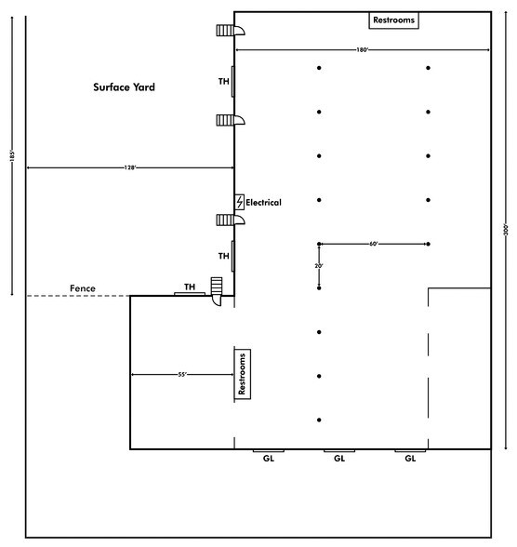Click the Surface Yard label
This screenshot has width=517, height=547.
tap(124, 87)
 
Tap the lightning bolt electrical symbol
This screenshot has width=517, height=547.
tap(240, 203)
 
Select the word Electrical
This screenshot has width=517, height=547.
tap(263, 203)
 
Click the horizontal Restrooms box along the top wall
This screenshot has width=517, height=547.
tap(394, 20)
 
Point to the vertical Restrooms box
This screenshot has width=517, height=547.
tap(243, 374)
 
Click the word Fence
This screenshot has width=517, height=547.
tap(83, 288)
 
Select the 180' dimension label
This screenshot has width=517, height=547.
tap(363, 50)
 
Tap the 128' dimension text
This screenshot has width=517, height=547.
tap(129, 167)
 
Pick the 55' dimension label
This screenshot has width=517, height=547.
tap(182, 375)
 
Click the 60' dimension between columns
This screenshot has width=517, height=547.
tap(374, 244)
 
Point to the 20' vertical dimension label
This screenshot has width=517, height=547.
tap(319, 266)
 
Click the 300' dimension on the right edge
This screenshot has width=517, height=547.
tap(506, 230)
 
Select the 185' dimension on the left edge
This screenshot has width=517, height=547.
tap(12, 156)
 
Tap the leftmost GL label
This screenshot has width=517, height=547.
tap(269, 459)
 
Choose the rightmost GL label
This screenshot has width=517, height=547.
tap(410, 459)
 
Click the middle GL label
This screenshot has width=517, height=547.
tap(339, 459)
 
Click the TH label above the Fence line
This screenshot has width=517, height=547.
tap(190, 287)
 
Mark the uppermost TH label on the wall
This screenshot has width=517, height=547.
tap(224, 82)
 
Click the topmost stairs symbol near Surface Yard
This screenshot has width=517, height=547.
tap(231, 31)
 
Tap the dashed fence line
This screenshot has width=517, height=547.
tap(78, 296)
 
